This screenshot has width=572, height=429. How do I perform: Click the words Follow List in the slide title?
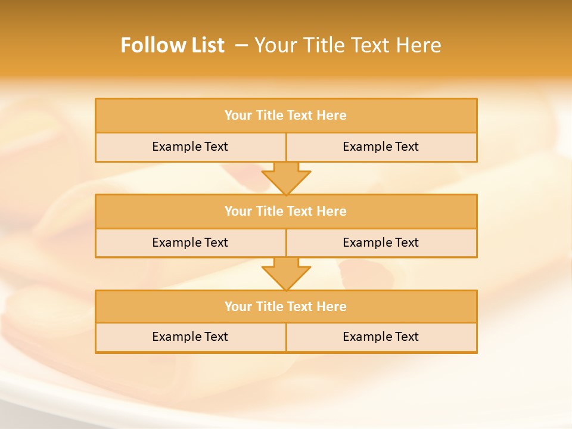[x=172, y=45]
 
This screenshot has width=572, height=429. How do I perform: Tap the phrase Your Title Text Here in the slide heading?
[x=348, y=45]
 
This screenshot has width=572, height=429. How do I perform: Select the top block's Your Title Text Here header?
[x=285, y=116]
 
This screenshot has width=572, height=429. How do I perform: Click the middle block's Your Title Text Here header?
[x=285, y=211]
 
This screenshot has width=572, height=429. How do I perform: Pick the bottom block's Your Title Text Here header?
[x=285, y=306]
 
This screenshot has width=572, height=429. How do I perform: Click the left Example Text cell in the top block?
[x=190, y=147]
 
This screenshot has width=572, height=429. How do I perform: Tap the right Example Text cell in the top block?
[x=381, y=147]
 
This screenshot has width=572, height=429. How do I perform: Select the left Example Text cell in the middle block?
[x=190, y=243]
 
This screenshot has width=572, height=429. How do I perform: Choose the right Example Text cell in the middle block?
[x=381, y=243]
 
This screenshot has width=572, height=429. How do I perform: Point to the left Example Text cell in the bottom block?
[x=190, y=337]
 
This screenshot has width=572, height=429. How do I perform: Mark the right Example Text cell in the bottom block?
[x=381, y=337]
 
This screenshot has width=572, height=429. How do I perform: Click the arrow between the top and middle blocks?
[x=286, y=178]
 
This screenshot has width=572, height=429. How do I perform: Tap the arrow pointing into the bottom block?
[x=286, y=274]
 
